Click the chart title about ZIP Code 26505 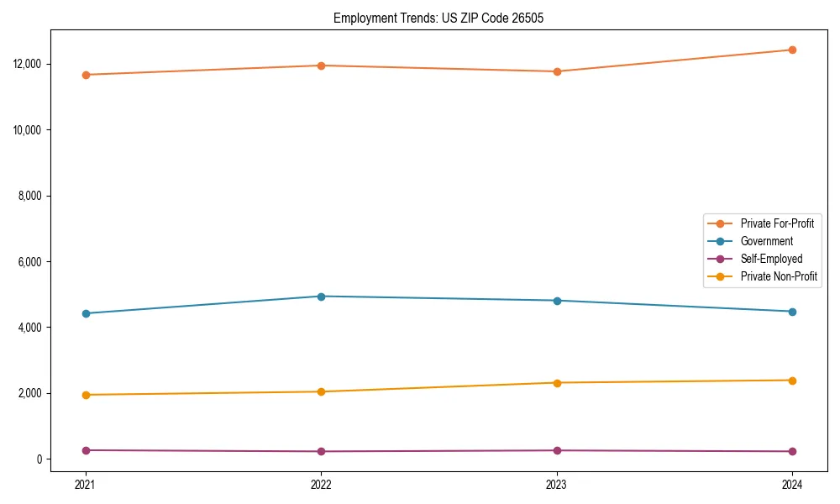(x=438, y=18)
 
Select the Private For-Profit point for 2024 (x=792, y=50)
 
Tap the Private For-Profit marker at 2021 (x=86, y=75)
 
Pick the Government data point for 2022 (x=321, y=297)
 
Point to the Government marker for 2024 (x=792, y=312)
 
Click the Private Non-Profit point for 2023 (x=557, y=383)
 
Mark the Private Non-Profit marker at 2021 (x=86, y=395)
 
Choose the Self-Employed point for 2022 (x=321, y=452)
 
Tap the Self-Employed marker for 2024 (x=792, y=452)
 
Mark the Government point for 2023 (x=557, y=301)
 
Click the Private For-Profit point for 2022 (x=321, y=66)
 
